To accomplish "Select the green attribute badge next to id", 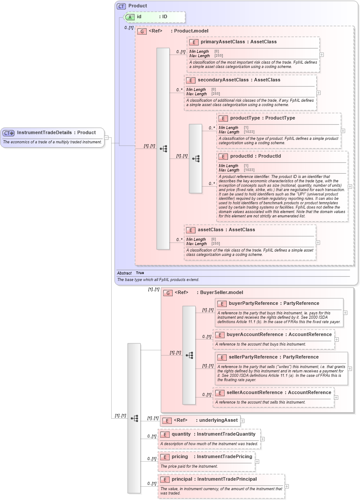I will (129, 17).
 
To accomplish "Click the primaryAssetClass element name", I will (221, 42).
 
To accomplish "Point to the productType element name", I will (245, 118).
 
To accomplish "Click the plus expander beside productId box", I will (350, 186).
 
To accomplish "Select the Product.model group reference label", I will (191, 31).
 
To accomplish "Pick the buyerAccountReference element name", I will (255, 334).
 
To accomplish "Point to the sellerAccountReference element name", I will (254, 393).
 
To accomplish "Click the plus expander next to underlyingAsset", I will (242, 420).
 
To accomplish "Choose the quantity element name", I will (181, 434).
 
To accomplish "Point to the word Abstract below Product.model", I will (124, 273).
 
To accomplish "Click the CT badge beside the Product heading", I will (121, 6).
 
